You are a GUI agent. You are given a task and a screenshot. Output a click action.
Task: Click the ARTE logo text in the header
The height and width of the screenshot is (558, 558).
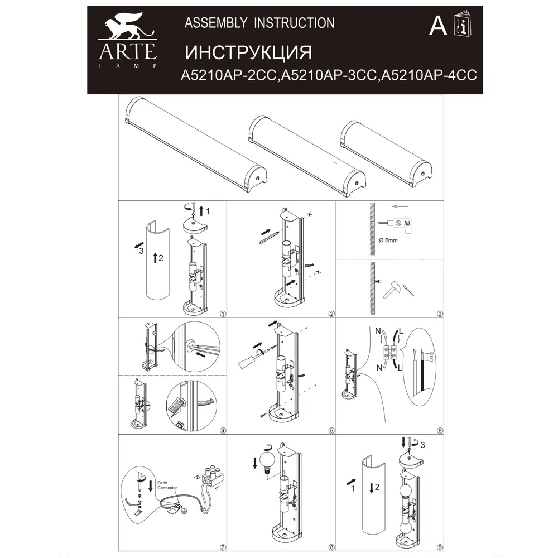click(x=127, y=51)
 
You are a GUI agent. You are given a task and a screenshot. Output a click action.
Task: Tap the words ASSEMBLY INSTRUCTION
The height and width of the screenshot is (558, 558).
click(x=259, y=23)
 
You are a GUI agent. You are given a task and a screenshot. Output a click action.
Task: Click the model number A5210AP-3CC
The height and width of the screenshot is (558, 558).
click(x=329, y=76)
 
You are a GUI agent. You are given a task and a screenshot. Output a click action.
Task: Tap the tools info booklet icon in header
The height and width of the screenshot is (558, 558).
click(x=462, y=23)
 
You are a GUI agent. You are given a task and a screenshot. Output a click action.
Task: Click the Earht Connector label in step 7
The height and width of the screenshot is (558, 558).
click(x=167, y=484)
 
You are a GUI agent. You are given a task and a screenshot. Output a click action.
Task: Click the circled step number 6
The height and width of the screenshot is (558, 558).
click(x=440, y=430)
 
